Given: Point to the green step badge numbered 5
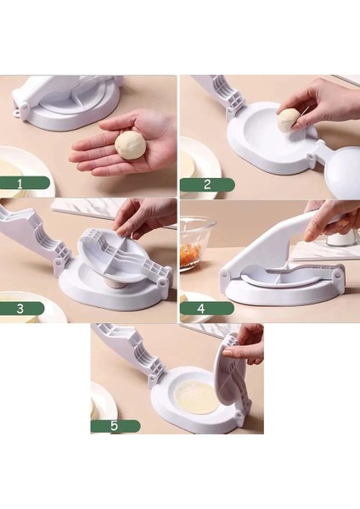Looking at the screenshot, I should [116, 426].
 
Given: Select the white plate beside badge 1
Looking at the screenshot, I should [21, 165].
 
